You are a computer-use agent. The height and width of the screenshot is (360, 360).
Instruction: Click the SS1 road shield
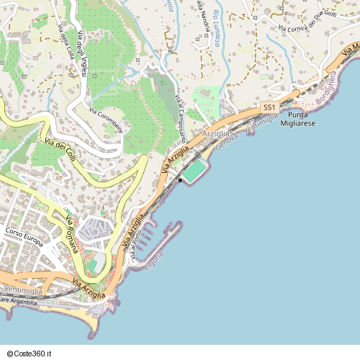(x=269, y=107)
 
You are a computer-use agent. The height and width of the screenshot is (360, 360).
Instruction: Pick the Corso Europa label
(x=24, y=233)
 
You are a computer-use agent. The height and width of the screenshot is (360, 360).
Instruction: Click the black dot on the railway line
(x=180, y=180)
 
